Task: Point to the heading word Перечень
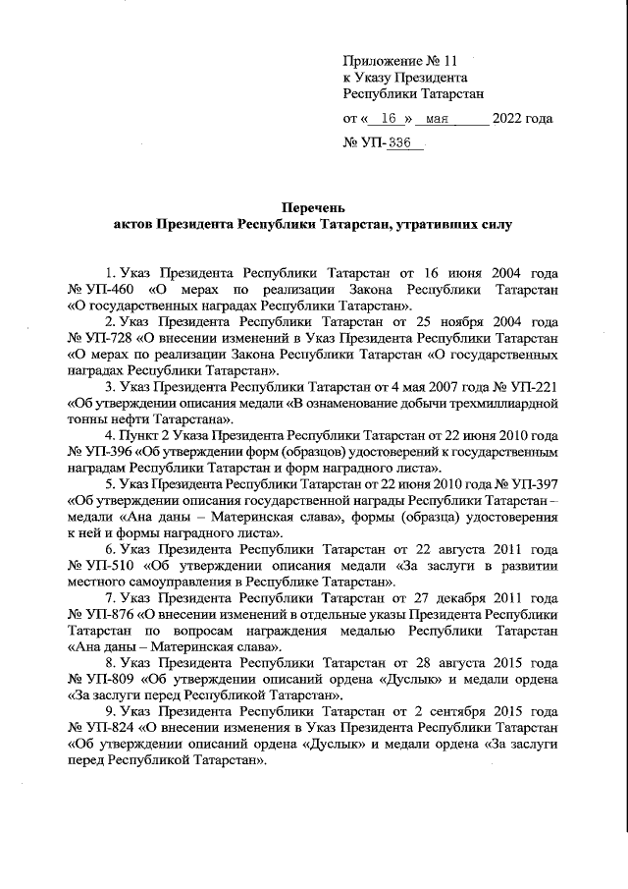tap(313, 208)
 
